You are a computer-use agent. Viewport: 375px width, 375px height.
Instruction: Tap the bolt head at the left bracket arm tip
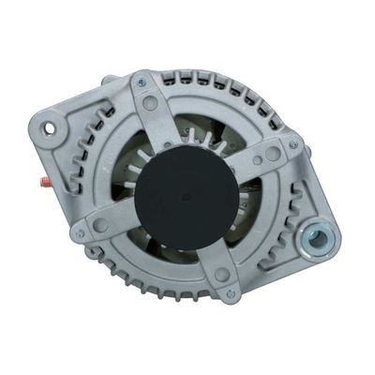pyautogui.click(x=81, y=233)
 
